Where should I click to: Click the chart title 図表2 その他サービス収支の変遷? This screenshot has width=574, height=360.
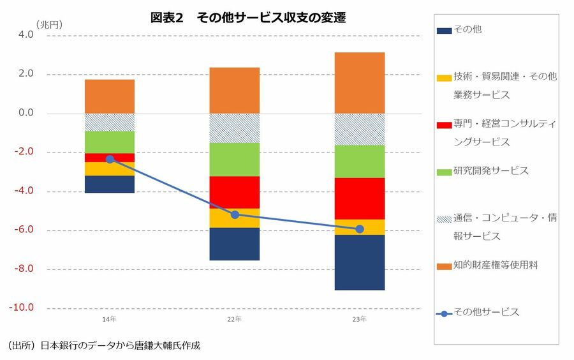247,18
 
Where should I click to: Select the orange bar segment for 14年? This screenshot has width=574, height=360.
110,96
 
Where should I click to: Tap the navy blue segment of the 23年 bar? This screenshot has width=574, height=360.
360,262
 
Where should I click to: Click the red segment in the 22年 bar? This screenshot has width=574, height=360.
235,192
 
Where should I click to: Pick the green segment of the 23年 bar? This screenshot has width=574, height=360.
360,161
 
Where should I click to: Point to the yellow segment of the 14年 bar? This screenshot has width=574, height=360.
110,169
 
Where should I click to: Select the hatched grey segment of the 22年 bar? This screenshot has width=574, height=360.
235,128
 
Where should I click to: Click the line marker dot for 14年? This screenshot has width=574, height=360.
110,159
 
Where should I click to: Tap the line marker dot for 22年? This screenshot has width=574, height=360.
235,214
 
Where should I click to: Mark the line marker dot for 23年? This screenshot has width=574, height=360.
360,229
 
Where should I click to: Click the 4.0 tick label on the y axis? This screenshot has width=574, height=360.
26,35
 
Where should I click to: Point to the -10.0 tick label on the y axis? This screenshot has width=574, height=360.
22,308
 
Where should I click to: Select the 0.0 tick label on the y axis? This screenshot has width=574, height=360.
26,113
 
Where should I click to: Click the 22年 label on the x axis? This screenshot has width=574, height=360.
235,319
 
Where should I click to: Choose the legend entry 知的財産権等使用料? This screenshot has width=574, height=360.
496,264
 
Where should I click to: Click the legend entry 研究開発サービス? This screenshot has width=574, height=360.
490,171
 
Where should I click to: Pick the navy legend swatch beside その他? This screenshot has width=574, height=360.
444,30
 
